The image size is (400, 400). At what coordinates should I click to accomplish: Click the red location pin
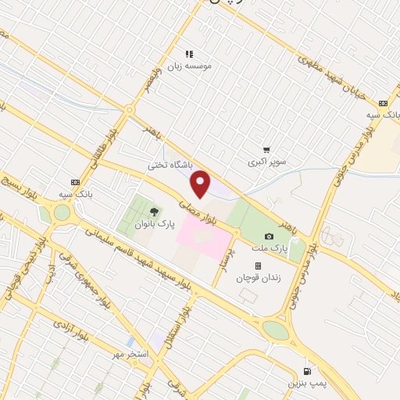pyautogui.click(x=201, y=184)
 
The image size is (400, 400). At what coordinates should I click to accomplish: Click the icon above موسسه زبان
pyautogui.click(x=188, y=54)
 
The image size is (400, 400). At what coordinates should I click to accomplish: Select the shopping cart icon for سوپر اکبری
pyautogui.click(x=267, y=149)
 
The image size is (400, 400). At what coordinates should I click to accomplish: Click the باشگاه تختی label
pyautogui.click(x=170, y=165)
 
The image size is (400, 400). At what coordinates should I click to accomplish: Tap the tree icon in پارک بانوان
pyautogui.click(x=153, y=211)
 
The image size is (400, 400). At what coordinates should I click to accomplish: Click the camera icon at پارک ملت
pyautogui.click(x=270, y=236)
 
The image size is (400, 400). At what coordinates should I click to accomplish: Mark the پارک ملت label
pyautogui.click(x=274, y=248)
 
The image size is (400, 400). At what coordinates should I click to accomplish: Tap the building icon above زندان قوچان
pyautogui.click(x=258, y=266)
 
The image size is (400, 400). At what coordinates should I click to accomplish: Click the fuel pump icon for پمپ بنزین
pyautogui.click(x=307, y=371)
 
